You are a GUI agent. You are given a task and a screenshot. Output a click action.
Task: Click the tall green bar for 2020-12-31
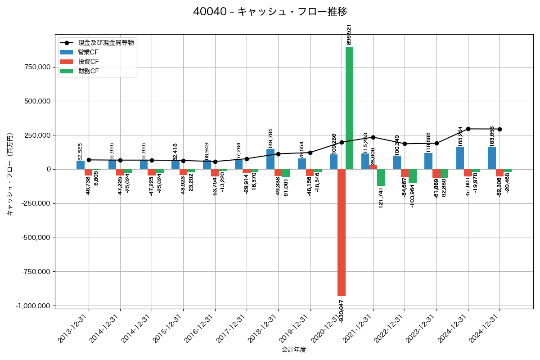tap(349, 108)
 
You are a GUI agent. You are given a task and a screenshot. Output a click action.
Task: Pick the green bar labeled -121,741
tap(381, 177)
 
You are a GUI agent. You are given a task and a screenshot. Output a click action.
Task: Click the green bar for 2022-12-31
tap(413, 176)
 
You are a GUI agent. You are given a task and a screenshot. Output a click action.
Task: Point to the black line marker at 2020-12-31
tap(342, 142)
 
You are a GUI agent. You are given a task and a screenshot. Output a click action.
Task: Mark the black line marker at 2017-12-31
tap(247, 159)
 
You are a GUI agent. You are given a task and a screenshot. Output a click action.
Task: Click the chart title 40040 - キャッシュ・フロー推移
tap(270, 12)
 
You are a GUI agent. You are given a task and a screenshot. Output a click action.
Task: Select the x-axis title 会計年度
tap(294, 350)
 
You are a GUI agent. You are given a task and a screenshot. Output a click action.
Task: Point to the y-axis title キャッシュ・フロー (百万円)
tap(10, 174)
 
